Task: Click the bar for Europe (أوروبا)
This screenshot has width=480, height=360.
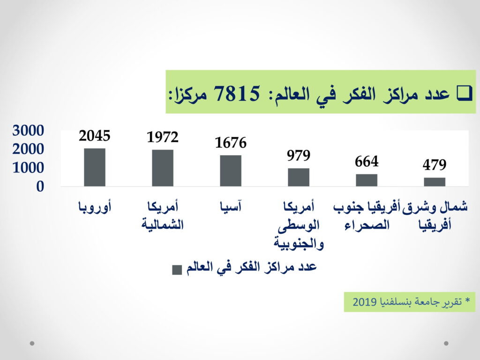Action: click(x=95, y=167)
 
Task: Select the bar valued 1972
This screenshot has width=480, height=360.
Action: click(x=163, y=168)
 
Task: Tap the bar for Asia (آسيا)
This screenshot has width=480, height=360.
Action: click(x=231, y=171)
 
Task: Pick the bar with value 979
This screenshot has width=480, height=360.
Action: click(x=299, y=177)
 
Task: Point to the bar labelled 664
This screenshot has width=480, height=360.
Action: click(x=367, y=180)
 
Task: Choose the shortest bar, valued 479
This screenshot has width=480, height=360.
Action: click(x=435, y=182)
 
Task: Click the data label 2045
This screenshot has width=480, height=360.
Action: click(x=95, y=136)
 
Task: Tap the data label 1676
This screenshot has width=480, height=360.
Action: click(x=231, y=142)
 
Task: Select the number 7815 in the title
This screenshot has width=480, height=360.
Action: click(x=237, y=93)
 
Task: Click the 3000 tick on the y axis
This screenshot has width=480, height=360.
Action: click(x=28, y=130)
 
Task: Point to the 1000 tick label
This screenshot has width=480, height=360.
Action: click(x=28, y=168)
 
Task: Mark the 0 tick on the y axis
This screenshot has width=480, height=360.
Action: click(x=40, y=187)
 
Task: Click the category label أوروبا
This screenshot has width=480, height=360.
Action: click(x=95, y=207)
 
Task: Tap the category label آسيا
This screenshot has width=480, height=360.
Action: click(x=231, y=206)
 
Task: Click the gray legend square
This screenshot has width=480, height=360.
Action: click(x=177, y=270)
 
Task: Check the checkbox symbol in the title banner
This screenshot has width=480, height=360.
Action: click(x=465, y=93)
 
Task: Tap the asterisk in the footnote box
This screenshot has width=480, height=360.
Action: click(x=467, y=300)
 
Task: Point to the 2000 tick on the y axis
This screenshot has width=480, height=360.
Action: click(x=28, y=149)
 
